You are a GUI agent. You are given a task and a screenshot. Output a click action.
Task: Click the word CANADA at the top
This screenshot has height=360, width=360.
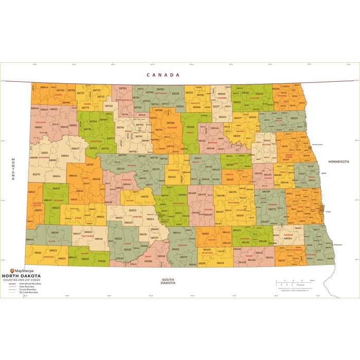coord(163,75)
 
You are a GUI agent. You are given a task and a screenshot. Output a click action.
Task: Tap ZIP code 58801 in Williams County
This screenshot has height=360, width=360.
coord(39,127)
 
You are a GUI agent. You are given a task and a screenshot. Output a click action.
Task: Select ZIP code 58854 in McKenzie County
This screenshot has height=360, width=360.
coord(65,155)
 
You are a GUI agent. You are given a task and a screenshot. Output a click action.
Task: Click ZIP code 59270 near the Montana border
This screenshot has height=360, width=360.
coord(36,174)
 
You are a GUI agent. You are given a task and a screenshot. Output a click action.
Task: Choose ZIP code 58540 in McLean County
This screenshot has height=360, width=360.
coord(120,169)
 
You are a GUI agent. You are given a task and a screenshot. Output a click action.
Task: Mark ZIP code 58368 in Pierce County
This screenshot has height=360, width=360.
coord(190,127)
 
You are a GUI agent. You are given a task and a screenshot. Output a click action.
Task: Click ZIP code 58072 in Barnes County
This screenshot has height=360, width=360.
coord(272,209)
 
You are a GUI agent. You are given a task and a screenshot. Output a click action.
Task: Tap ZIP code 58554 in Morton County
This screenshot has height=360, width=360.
coord(150,219)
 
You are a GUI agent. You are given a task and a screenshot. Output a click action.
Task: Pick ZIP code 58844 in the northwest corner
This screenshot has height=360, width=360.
coord(44,87)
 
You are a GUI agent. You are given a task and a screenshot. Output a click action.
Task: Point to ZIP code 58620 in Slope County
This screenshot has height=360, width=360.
coord(55,232)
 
